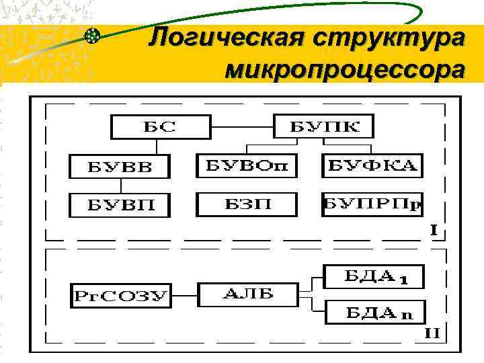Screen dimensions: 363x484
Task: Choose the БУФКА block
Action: [x=373, y=165]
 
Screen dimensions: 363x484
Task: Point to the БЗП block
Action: [x=246, y=204]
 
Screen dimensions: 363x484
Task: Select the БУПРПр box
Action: [x=373, y=204]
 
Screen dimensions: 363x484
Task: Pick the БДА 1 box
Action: [x=374, y=276]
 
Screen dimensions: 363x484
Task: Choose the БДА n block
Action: [x=374, y=311]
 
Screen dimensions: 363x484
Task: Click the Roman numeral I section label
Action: [x=435, y=230]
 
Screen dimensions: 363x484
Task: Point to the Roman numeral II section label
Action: [x=434, y=332]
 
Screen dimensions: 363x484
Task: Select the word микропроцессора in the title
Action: [x=344, y=69]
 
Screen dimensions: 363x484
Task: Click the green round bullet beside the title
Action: [x=93, y=36]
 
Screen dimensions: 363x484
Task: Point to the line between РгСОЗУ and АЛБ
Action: [x=184, y=294]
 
